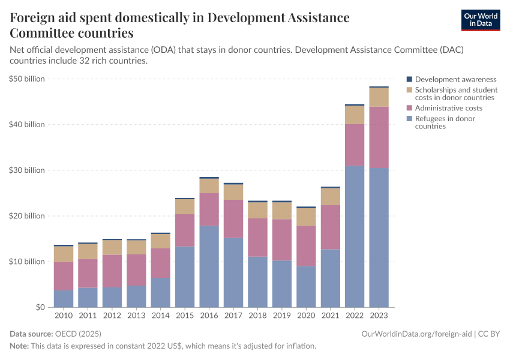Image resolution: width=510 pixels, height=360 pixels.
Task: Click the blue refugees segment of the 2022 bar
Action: coord(355,236)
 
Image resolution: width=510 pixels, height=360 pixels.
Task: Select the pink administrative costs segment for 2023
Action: coord(379,137)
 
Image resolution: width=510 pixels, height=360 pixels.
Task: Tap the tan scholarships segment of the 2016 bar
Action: coord(209,185)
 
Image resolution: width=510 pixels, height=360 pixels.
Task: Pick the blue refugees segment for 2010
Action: coord(64,298)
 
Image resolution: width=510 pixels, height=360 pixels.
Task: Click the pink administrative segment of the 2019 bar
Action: coord(282,239)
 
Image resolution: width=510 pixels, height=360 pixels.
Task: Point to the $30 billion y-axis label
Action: coord(27,170)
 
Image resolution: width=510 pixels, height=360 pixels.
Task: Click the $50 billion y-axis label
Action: coord(27,79)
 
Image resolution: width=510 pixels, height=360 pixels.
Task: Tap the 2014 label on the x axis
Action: coord(160,316)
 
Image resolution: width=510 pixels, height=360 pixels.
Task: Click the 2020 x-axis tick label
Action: coord(306,316)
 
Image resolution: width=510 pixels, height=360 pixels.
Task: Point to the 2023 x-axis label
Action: coord(379,316)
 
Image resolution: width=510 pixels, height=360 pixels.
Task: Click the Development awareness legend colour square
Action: coord(410,79)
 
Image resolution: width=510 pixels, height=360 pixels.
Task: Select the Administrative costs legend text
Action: coord(448,108)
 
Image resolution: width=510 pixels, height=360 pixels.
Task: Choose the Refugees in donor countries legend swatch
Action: coord(410,119)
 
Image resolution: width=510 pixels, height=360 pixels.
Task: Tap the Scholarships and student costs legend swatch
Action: coord(410,90)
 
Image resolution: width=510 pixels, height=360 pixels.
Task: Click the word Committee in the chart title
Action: coord(41,32)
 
